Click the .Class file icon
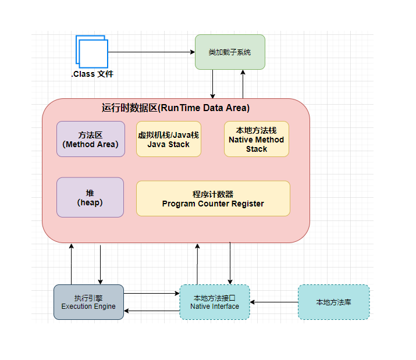92,52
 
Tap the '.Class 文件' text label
92,74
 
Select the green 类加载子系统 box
230,52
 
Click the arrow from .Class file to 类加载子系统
151,52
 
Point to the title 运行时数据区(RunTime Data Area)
176,108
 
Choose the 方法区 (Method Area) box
90,139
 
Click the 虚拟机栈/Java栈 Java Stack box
168,139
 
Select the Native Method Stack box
256,139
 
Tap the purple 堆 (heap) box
90,197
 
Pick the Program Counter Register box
213,198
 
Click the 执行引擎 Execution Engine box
88,302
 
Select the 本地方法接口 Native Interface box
214,302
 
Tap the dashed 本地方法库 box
333,302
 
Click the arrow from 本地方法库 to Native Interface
273,302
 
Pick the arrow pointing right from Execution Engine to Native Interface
152,294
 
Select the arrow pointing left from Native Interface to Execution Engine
152,311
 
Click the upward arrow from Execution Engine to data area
72,264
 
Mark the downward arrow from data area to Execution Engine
100,265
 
